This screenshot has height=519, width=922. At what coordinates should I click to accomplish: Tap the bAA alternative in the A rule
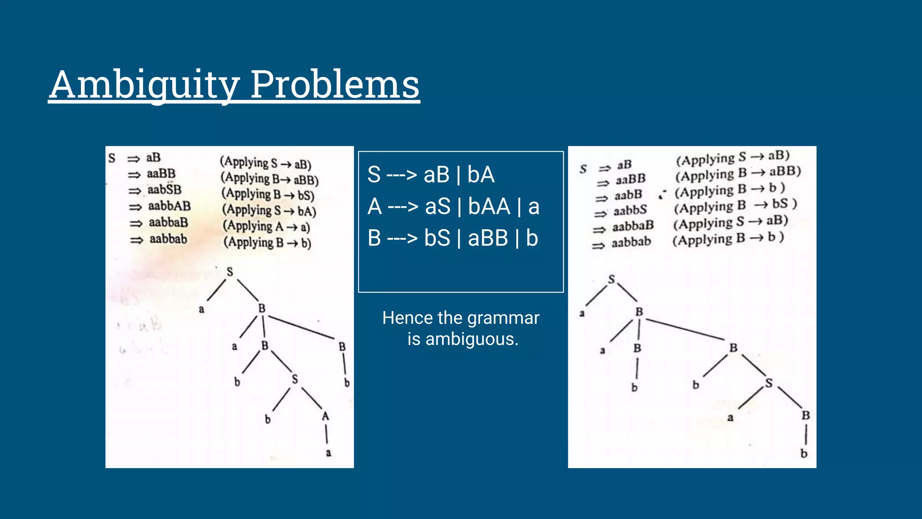489,207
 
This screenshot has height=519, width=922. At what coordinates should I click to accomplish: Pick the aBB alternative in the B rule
488,238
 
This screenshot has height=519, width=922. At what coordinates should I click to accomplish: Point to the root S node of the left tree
230,272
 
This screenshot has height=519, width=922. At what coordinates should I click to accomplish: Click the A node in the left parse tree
325,416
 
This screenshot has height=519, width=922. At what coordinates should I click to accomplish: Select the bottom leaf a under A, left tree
328,453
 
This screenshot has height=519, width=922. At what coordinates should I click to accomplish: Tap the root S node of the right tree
611,279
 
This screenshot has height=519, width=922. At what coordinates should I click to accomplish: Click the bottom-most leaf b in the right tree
804,454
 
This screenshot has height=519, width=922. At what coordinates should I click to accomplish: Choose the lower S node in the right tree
769,383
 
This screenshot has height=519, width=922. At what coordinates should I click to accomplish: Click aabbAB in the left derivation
169,206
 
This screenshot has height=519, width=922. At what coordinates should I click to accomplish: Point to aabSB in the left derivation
164,190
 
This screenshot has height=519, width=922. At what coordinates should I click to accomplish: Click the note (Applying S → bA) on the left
269,210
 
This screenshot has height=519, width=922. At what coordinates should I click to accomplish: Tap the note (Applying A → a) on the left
266,226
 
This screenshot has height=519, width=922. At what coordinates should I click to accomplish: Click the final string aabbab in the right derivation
631,242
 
